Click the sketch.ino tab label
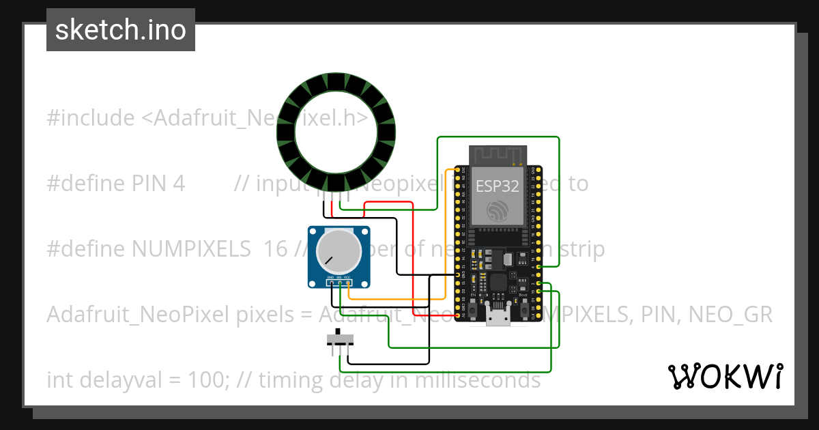(x=121, y=30)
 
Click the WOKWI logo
(x=725, y=376)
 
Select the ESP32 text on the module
(x=498, y=186)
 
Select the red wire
(x=414, y=259)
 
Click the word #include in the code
(x=91, y=119)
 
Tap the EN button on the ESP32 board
(x=473, y=311)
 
